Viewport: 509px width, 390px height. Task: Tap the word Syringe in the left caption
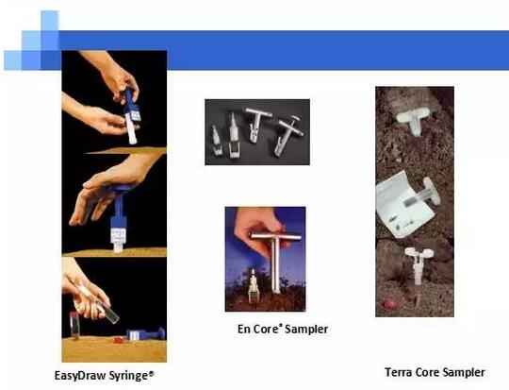point(128,376)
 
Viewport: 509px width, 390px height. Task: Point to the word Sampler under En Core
point(306,329)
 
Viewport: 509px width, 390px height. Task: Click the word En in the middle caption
point(244,329)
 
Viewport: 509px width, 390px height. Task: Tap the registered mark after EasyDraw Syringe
point(151,373)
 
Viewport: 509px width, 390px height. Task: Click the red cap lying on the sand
point(119,340)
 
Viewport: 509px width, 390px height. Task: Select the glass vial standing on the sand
point(74,326)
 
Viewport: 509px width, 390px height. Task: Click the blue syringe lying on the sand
point(145,334)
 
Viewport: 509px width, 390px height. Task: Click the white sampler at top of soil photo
point(414,121)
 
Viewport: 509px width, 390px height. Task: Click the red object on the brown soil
point(390,304)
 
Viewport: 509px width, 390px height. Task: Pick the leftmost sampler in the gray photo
point(216,141)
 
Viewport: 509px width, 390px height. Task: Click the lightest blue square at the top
point(50,20)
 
